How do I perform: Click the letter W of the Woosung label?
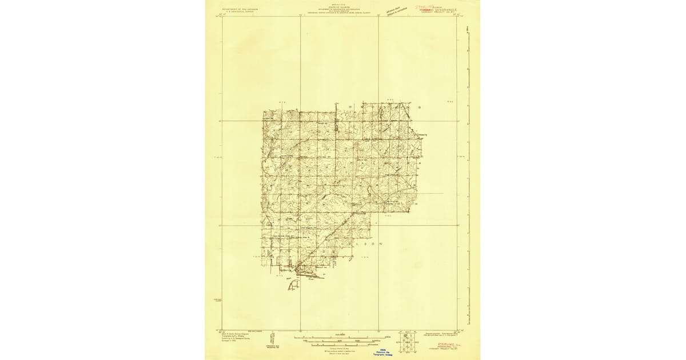click(349, 107)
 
